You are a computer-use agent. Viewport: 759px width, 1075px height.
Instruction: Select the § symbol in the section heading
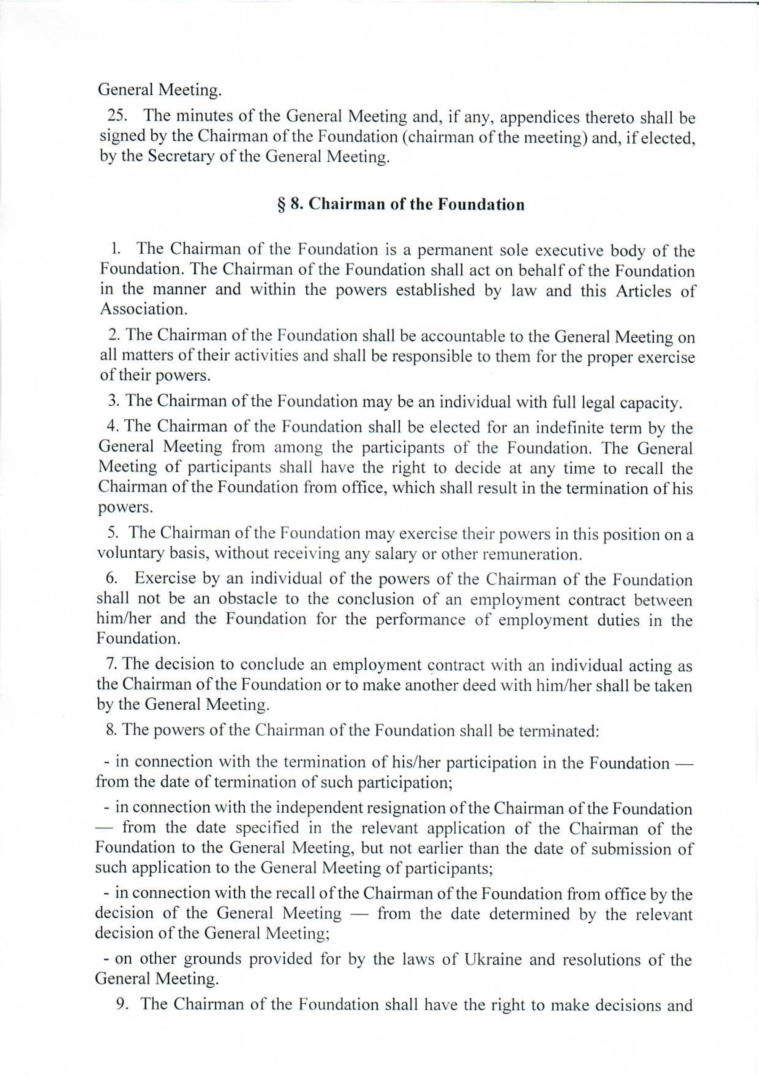click(x=281, y=205)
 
